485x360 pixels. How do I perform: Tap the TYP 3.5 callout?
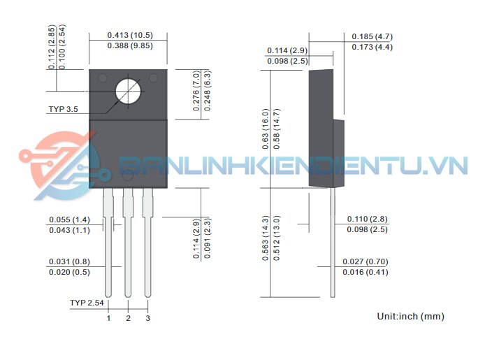[x=64, y=109]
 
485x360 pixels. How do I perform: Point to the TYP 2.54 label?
[x=87, y=303]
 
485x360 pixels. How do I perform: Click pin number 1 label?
[x=108, y=319]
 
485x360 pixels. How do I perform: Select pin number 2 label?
[x=128, y=319]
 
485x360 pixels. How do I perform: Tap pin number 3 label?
[x=147, y=319]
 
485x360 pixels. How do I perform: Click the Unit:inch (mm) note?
[x=410, y=317]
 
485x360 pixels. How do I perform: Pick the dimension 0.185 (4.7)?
[x=372, y=36]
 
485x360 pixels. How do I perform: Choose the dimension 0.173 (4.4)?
[x=372, y=47]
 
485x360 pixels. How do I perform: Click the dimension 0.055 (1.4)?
[x=70, y=219]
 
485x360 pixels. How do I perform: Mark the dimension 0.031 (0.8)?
[x=70, y=261]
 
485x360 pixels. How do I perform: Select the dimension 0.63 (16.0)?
[x=266, y=128]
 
